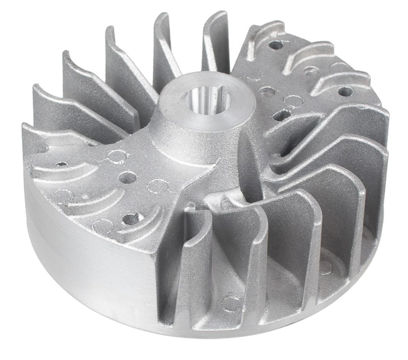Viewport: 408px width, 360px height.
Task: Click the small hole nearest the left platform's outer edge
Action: point(61,164)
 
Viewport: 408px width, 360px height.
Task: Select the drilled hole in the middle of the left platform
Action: point(127,178)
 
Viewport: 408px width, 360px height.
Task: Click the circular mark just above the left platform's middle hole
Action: point(116,156)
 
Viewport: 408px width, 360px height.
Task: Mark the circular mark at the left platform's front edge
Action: point(102,226)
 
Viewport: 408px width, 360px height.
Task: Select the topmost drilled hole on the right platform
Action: point(276,45)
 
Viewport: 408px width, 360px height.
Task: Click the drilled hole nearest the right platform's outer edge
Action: point(345,92)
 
